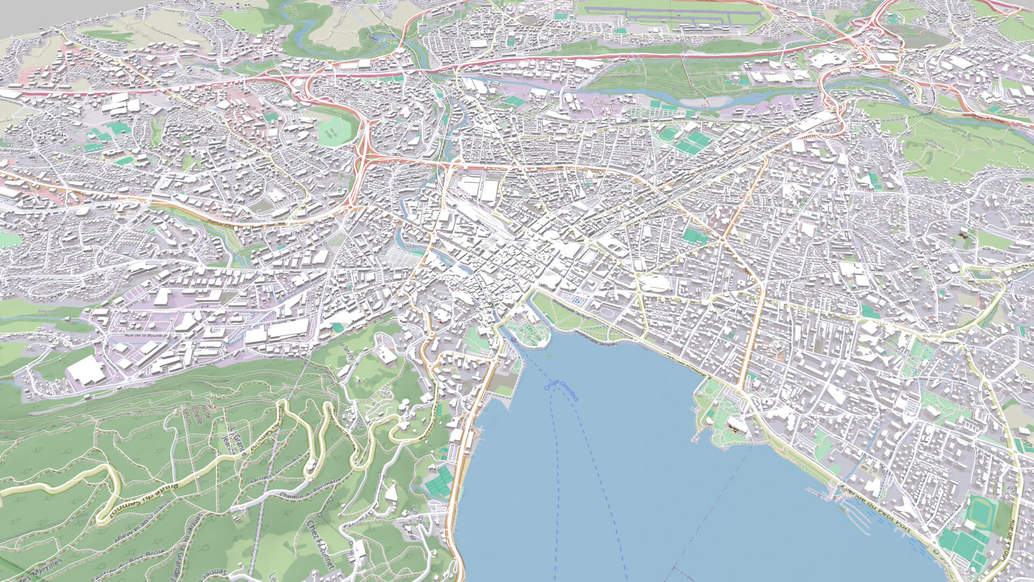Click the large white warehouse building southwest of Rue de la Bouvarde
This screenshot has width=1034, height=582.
(x=86, y=370)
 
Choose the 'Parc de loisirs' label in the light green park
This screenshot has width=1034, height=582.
(x=334, y=131)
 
